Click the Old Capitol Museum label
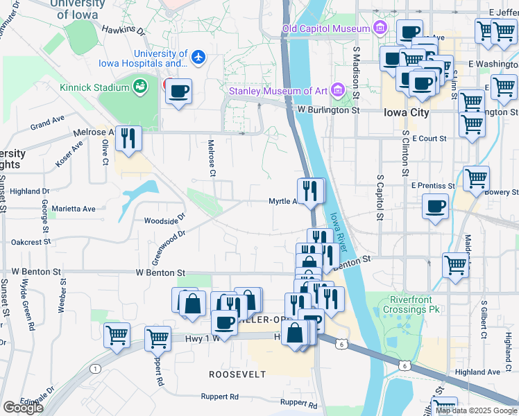tap(325, 28)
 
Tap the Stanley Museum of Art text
tap(279, 90)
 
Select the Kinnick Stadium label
tap(94, 87)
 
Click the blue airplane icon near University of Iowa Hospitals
tap(199, 55)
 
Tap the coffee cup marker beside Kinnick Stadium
tap(178, 92)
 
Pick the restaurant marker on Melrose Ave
tap(128, 139)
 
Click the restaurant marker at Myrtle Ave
tap(310, 191)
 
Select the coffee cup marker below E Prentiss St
tap(436, 207)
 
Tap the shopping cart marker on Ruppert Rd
tap(158, 339)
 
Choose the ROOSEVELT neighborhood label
tap(237, 374)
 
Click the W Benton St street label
tap(160, 273)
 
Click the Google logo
tap(23, 408)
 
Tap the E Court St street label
tap(429, 139)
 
